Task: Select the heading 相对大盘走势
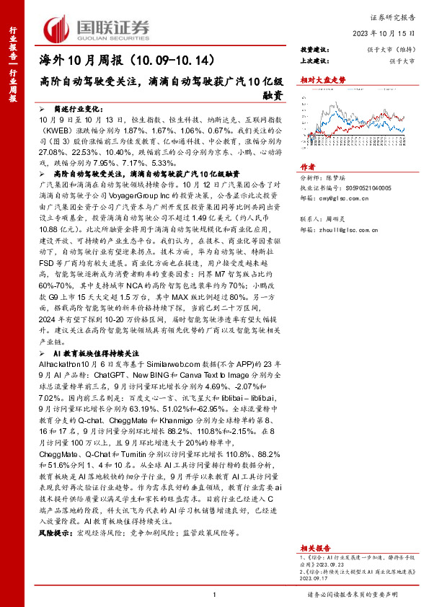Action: pyautogui.click(x=319, y=82)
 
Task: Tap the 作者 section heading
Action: pyautogui.click(x=308, y=185)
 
